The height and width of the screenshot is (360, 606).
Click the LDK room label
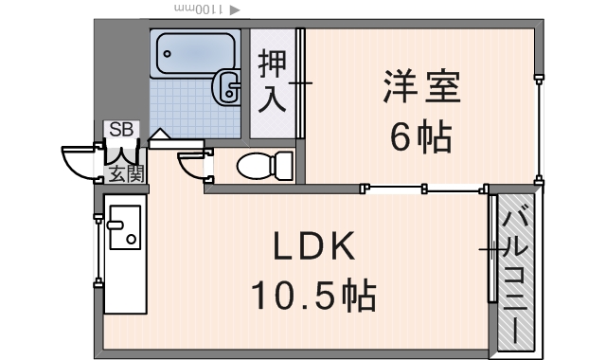pyautogui.click(x=314, y=248)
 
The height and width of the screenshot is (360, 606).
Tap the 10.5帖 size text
pyautogui.click(x=314, y=297)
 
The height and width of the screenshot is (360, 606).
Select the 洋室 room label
pyautogui.click(x=421, y=88)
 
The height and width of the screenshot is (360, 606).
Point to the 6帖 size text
pyautogui.click(x=421, y=138)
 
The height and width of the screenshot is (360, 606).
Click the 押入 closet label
pyautogui.click(x=272, y=82)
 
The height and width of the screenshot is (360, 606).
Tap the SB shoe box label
pyautogui.click(x=121, y=130)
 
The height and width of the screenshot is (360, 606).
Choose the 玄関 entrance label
pyautogui.click(x=124, y=173)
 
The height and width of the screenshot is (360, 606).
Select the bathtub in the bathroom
pyautogui.click(x=194, y=54)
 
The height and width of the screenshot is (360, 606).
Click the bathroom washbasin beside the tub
pyautogui.click(x=227, y=87)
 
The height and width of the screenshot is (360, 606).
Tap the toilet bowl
pyautogui.click(x=259, y=167)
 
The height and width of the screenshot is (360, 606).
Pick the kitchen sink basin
pyautogui.click(x=124, y=227)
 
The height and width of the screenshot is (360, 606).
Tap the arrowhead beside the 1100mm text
pyautogui.click(x=235, y=9)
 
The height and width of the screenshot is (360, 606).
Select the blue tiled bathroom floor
pyautogui.click(x=180, y=104)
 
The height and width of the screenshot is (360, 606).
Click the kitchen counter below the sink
pyautogui.click(x=124, y=284)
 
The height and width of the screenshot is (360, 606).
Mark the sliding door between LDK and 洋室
pyautogui.click(x=426, y=189)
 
